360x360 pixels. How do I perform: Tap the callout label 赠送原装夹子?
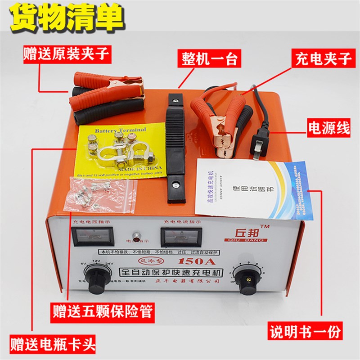point(67,55)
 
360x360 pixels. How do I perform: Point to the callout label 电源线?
point(328,129)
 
